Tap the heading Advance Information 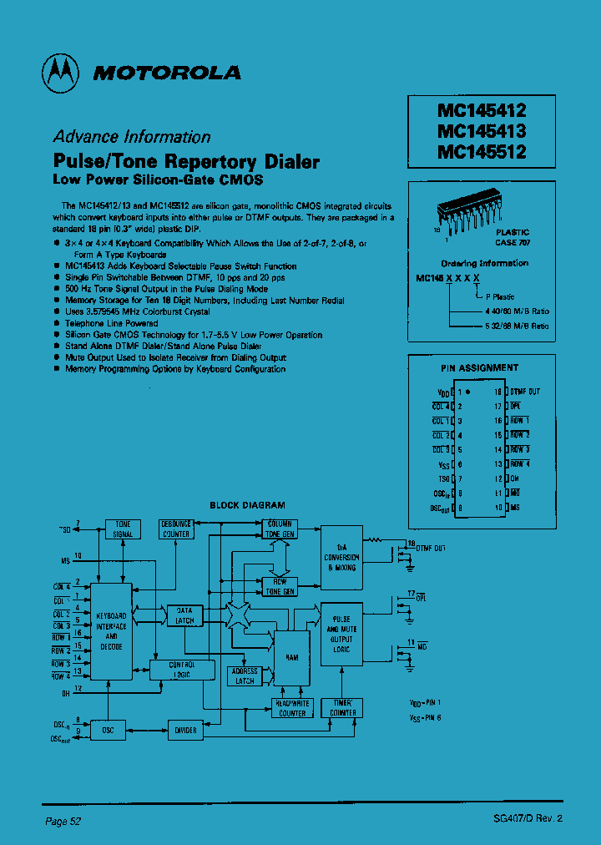132,138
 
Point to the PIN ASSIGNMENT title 479,367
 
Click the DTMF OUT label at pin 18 525,391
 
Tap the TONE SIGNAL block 123,529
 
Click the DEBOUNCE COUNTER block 176,529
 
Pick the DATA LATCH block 185,615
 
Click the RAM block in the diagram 291,657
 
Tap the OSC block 108,730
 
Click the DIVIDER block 185,730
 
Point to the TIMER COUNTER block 342,708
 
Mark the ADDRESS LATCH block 245,676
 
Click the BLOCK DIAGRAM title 247,505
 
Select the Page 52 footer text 63,821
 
